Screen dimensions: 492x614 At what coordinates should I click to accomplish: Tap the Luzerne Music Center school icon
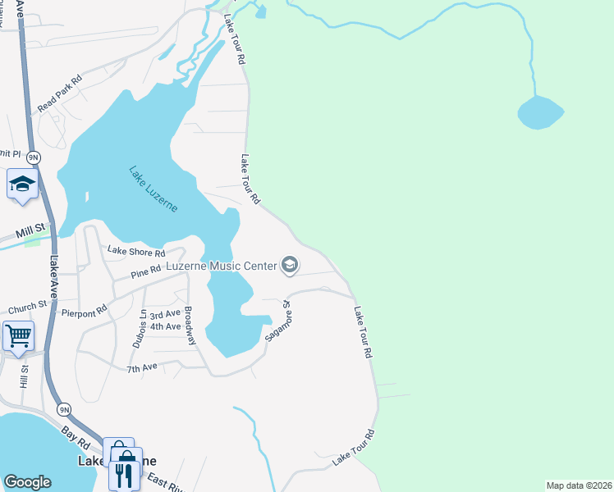pos(289,264)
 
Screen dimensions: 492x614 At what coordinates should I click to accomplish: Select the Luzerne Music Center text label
pos(221,266)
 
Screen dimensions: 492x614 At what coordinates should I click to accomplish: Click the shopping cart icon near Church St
pos(17,335)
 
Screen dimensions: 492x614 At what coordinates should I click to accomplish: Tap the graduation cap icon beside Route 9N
pos(22,184)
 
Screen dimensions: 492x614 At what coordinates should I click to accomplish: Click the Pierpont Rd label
pos(85,312)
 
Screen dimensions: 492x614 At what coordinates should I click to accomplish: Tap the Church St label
pos(28,308)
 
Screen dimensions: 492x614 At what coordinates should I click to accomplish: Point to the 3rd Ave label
pos(165,314)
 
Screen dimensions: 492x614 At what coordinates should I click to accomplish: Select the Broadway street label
pos(190,326)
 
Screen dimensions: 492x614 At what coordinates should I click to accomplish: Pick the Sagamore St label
pos(278,321)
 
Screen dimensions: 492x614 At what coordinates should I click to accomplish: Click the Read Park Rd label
pos(60,95)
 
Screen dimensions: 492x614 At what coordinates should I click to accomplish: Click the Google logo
pos(28,482)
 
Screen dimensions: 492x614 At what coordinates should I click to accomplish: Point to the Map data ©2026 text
pos(579,485)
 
